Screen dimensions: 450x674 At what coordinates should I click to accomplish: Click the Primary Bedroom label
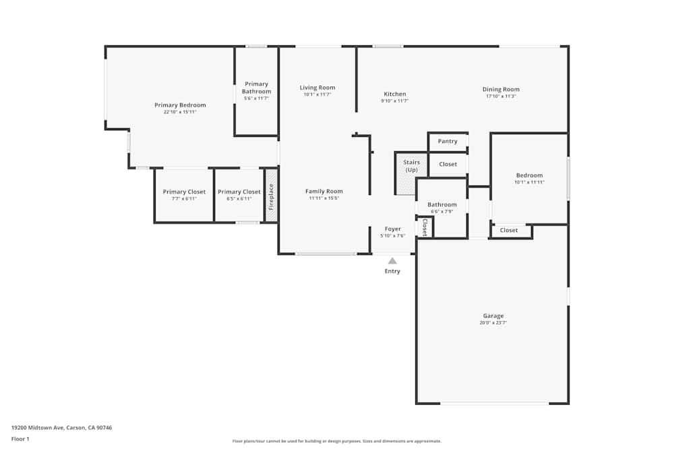(x=180, y=105)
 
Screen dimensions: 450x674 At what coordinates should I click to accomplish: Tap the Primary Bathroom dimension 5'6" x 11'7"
(x=256, y=99)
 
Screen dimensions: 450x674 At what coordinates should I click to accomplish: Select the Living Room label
(x=317, y=88)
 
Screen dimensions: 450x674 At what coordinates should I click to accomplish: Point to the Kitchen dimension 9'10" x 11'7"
(x=394, y=101)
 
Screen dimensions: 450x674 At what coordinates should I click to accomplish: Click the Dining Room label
(x=501, y=89)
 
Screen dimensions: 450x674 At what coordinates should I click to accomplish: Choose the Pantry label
(x=448, y=142)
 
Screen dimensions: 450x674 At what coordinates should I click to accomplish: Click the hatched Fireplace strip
(x=271, y=195)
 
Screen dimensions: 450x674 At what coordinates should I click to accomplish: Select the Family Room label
(x=324, y=192)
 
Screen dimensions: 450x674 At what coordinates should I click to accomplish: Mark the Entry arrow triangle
(x=392, y=259)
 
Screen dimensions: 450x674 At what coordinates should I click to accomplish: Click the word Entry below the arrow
(x=392, y=271)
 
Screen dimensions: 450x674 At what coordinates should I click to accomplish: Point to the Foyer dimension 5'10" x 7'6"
(x=392, y=236)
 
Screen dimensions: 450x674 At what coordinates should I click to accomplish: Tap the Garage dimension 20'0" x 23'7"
(x=493, y=323)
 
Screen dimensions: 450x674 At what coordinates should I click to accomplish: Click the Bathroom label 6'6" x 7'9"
(x=442, y=204)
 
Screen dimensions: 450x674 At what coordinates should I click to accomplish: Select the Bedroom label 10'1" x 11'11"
(x=529, y=175)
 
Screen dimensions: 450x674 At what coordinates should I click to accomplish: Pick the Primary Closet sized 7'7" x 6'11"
(x=184, y=192)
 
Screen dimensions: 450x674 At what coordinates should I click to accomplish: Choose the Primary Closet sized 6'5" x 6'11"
(x=239, y=192)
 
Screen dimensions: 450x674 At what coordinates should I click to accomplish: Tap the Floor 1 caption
(x=20, y=439)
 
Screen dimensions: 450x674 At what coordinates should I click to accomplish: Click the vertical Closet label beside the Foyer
(x=425, y=228)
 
